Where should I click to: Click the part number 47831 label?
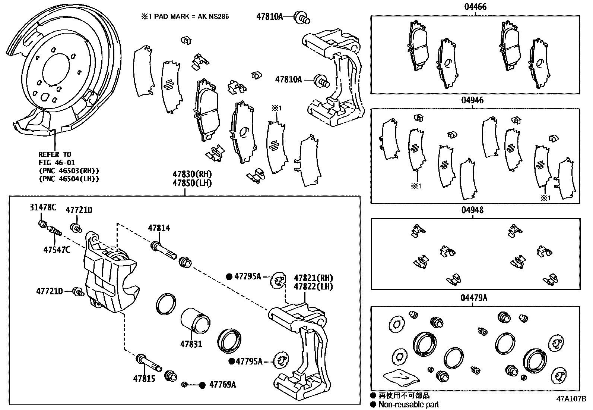[x=191, y=344]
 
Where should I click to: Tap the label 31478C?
[x=43, y=208]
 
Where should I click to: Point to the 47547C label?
[x=57, y=250]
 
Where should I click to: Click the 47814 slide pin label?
[x=159, y=228]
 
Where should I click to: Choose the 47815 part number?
[x=144, y=379]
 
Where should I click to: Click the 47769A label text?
[x=222, y=385]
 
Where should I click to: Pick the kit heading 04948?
[x=473, y=210]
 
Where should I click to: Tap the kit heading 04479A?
[x=474, y=298]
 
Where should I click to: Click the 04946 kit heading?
[x=473, y=100]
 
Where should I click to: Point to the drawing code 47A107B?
[x=571, y=398]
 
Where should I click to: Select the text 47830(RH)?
[x=192, y=174]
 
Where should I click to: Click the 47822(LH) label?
[x=313, y=287]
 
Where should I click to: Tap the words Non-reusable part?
[x=409, y=404]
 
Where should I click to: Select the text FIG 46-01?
[x=57, y=163]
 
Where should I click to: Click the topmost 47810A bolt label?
[x=270, y=16]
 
